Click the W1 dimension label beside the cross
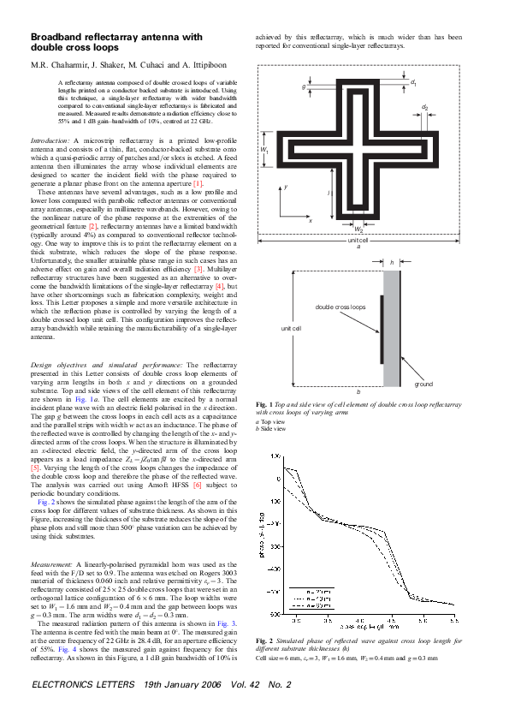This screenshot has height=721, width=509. point(264,151)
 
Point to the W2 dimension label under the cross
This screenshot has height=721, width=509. point(358,229)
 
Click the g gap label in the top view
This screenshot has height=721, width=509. point(305,86)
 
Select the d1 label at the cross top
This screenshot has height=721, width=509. point(414,83)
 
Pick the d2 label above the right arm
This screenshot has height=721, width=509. point(425,107)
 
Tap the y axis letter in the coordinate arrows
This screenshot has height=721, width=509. point(287,186)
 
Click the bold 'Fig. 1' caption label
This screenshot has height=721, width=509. point(265,403)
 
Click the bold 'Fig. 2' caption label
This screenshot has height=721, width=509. point(265,641)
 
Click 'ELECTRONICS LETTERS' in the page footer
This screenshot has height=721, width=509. point(82,685)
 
